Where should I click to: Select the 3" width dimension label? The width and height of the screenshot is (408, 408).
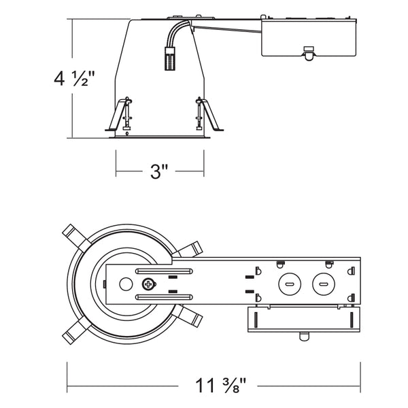click(x=159, y=171)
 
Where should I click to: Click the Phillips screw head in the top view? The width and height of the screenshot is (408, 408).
click(x=146, y=284)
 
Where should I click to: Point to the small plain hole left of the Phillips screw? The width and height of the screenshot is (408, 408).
click(x=125, y=284)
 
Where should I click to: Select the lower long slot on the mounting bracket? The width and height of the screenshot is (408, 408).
click(x=163, y=297)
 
